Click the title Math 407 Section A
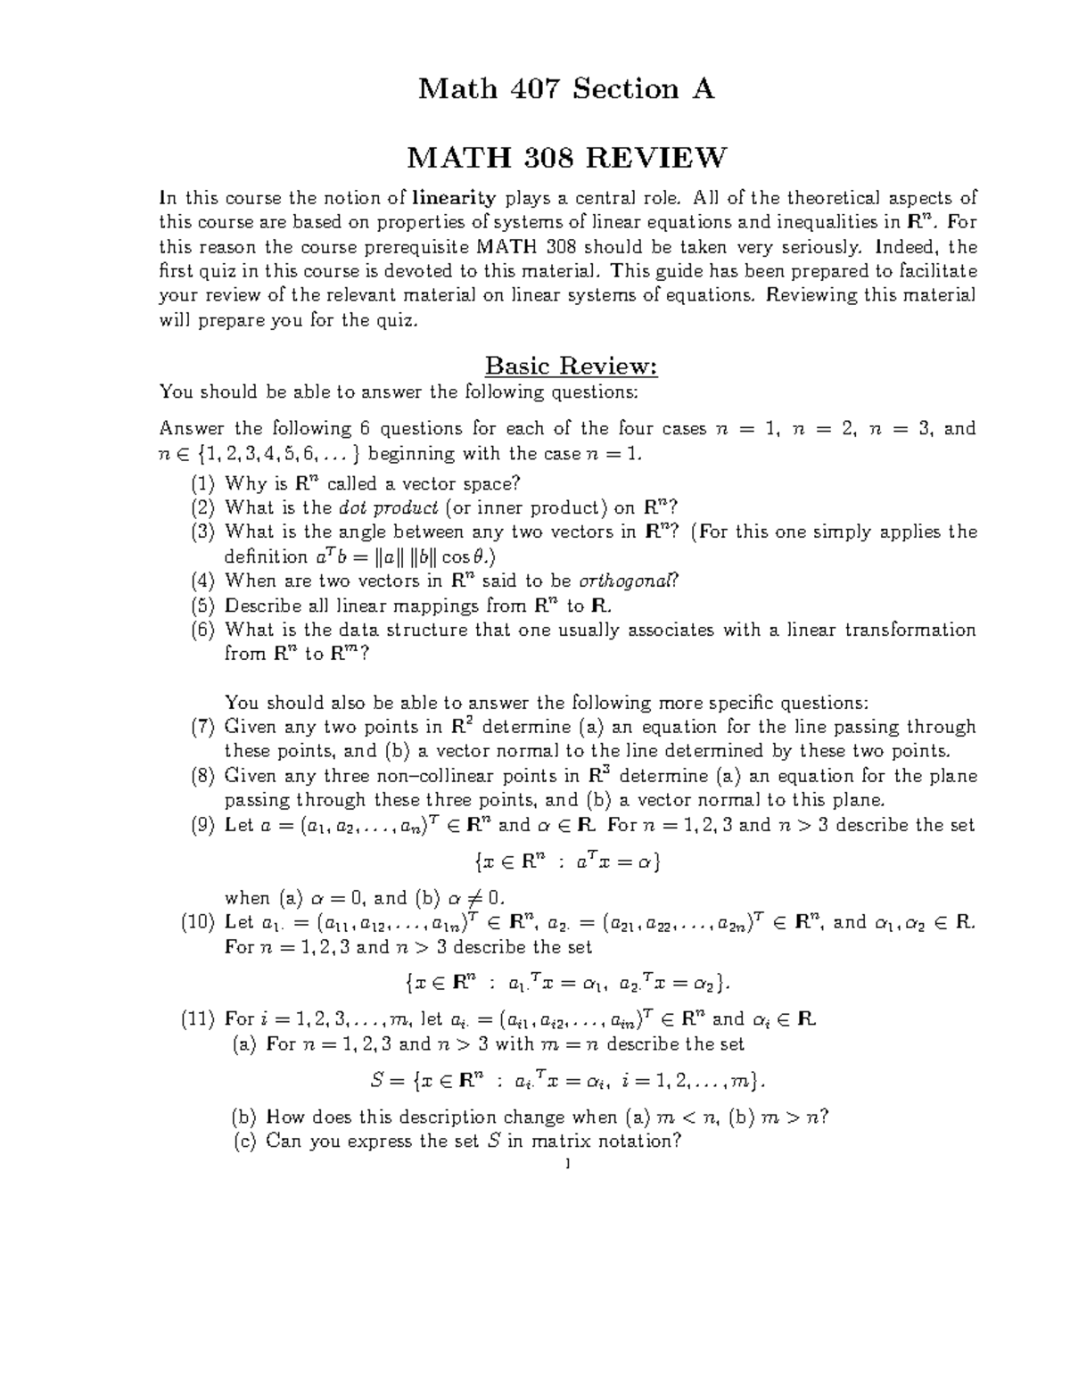pyautogui.click(x=567, y=89)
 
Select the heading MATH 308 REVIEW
pyautogui.click(x=567, y=159)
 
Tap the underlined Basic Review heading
pyautogui.click(x=570, y=366)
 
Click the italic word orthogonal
pyautogui.click(x=629, y=581)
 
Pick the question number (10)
pyautogui.click(x=198, y=923)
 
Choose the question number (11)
pyautogui.click(x=198, y=1019)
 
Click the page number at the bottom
pyautogui.click(x=567, y=1166)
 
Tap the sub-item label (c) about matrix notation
pyautogui.click(x=243, y=1142)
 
